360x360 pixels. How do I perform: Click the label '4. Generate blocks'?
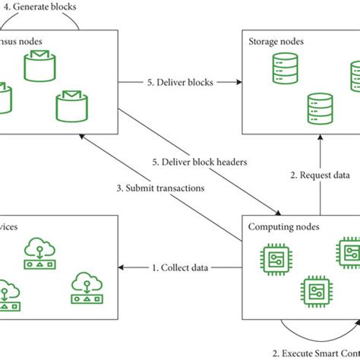click(x=39, y=7)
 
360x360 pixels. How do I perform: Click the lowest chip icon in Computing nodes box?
click(x=316, y=290)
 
